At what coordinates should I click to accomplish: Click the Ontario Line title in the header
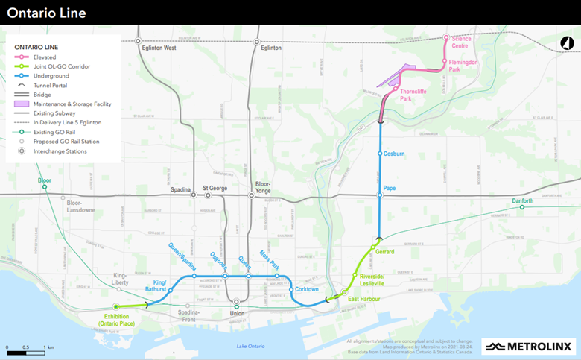tap(46, 13)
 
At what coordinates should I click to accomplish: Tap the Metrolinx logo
tap(528, 345)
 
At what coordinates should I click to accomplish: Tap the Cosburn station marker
tap(380, 154)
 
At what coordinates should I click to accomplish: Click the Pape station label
tap(390, 188)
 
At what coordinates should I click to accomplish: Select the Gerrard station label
tap(385, 252)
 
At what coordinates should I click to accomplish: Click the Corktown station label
tap(306, 289)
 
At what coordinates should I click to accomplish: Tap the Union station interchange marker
tap(236, 303)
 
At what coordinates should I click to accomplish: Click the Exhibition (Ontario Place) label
tap(117, 321)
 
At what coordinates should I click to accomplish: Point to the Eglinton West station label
tap(159, 48)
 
